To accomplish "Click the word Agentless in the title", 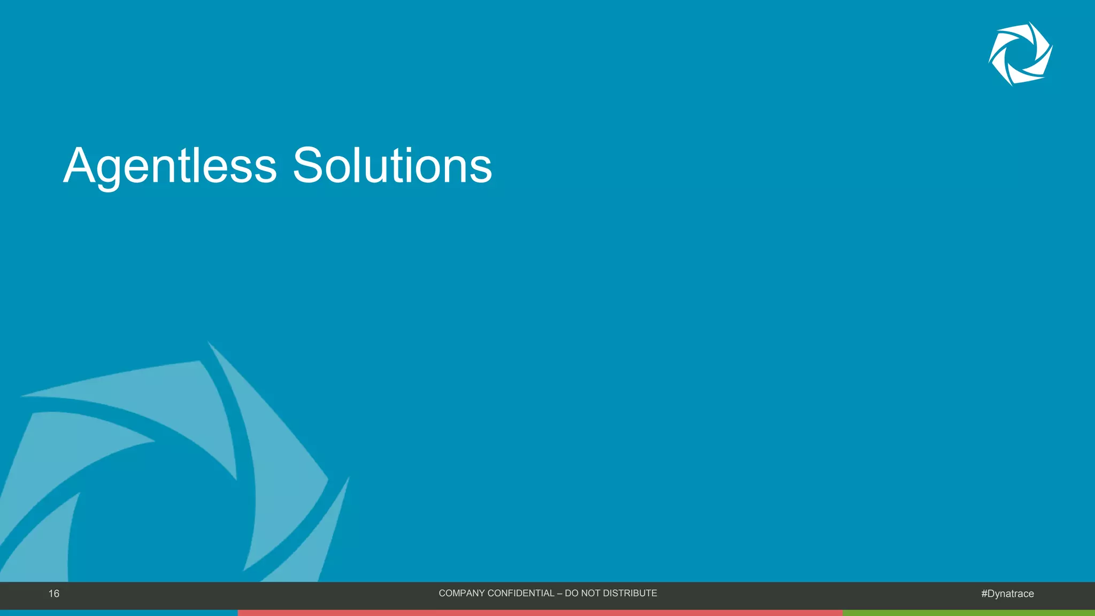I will tap(170, 166).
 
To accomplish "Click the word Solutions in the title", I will tap(392, 166).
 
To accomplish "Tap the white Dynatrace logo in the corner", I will tap(1020, 53).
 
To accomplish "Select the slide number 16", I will tap(54, 594).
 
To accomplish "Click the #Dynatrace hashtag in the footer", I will tap(1007, 594).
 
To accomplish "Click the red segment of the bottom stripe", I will tap(540, 613).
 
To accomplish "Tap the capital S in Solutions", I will tap(308, 166).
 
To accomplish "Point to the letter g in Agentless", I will tap(109, 171).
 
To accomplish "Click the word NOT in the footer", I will tap(591, 593).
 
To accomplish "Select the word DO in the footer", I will tap(572, 593).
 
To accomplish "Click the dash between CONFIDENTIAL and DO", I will tap(559, 593).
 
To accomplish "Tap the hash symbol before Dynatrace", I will tap(984, 594).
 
